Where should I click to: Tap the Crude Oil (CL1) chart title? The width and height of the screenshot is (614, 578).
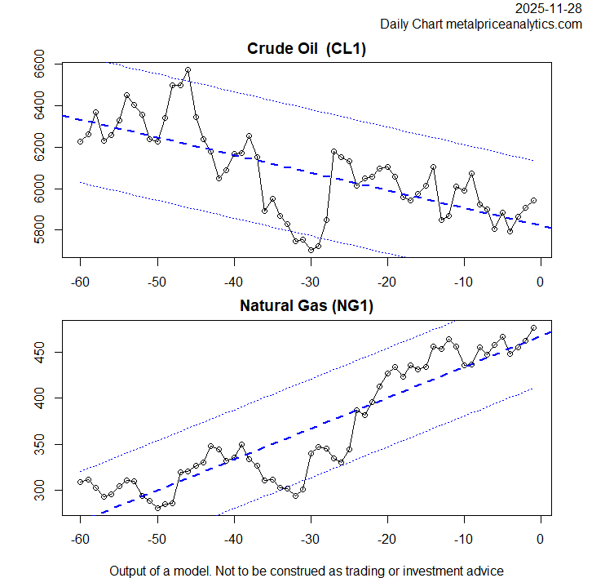[307, 49]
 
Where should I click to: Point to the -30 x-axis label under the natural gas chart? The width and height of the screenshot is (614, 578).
[310, 540]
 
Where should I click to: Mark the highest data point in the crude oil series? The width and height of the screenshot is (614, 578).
[188, 70]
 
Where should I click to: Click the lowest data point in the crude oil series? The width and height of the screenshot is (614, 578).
[311, 250]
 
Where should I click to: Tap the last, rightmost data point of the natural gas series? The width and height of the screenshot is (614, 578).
[533, 327]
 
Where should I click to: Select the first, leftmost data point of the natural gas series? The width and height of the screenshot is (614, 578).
[81, 482]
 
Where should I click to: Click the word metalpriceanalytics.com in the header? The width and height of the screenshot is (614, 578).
[513, 24]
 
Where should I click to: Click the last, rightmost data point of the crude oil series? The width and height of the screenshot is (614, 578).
[533, 200]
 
